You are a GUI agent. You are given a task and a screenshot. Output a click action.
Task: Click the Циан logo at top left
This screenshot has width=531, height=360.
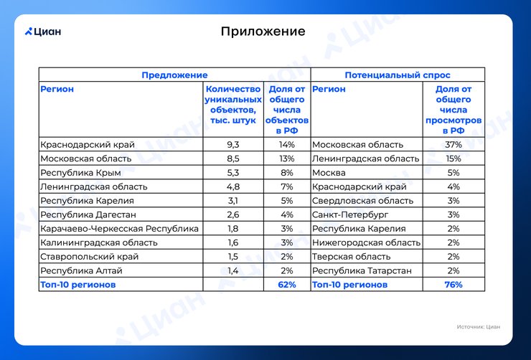point(43,32)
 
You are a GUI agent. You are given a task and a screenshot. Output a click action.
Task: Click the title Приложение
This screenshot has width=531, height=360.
point(263,32)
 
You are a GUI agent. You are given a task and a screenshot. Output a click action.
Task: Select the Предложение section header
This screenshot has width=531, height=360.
point(174,75)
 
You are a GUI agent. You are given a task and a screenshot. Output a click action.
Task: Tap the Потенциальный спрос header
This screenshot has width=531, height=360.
point(398,75)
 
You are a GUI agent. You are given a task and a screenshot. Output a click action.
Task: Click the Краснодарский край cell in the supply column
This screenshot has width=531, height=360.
point(88,144)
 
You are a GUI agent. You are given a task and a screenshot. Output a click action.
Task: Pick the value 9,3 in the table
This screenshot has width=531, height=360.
point(233,144)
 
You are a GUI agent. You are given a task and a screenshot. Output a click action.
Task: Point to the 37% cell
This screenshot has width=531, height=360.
point(453,144)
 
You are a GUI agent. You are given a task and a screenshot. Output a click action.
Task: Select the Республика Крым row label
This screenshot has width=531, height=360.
point(80,173)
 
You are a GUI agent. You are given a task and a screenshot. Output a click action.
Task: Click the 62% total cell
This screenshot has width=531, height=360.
point(287,285)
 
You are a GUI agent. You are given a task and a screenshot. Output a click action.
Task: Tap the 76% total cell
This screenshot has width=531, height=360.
point(453,285)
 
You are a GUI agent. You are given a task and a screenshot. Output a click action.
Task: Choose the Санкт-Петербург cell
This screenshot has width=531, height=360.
point(350,214)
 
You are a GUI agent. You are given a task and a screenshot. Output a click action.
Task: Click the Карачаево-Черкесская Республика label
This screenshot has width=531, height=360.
point(119,228)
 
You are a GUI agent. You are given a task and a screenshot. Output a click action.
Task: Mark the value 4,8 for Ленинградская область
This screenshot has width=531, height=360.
point(233,186)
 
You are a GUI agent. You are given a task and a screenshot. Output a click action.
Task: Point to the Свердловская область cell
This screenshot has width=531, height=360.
point(362,201)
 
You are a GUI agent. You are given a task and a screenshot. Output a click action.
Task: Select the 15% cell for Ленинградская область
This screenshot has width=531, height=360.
point(453,158)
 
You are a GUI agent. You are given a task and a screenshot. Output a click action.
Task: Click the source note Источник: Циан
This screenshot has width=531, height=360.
point(478,327)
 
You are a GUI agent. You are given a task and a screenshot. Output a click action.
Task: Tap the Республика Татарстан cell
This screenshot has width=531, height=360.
point(362,270)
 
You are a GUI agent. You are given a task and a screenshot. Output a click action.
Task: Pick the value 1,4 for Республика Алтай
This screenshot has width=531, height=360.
point(233,270)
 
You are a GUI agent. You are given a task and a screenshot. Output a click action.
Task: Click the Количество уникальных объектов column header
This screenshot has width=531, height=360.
point(233,105)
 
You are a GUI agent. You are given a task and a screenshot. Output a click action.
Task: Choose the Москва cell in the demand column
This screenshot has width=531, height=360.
point(329,173)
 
